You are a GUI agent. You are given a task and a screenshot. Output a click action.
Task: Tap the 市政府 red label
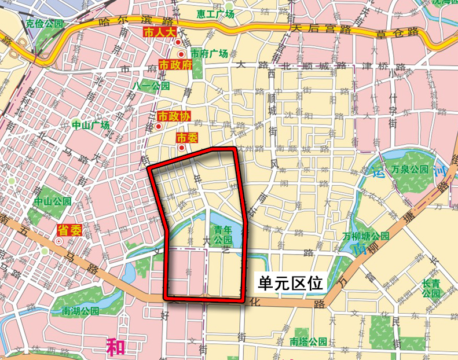tap(175, 65)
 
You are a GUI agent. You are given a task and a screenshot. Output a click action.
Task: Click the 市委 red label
tap(187, 138)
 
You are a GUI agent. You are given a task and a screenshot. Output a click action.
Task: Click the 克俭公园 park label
tap(43, 24)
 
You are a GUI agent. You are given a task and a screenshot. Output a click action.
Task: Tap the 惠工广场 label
tap(215, 14)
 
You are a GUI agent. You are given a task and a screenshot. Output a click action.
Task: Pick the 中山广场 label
tap(91, 125)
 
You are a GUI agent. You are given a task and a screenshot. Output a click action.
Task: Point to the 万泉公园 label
tap(409, 170)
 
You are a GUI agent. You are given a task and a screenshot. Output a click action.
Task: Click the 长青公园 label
tap(431, 288)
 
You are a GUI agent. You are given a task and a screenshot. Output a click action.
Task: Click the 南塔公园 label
tap(309, 340)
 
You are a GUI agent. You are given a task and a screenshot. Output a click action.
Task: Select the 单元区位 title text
tap(290, 283)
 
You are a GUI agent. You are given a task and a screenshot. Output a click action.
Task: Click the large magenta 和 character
tap(116, 347)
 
